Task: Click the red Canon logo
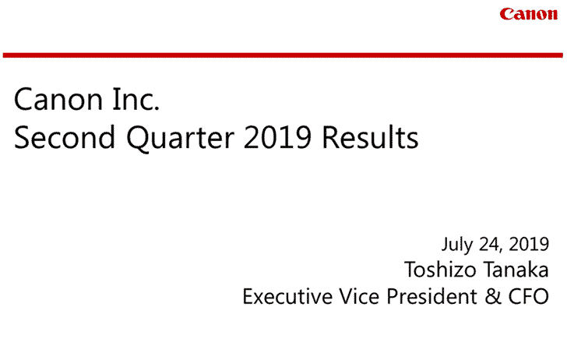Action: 528,14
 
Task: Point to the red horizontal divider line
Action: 283,55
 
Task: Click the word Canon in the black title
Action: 58,99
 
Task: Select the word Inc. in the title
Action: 136,99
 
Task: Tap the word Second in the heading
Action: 65,137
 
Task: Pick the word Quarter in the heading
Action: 180,139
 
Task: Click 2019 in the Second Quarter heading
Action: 277,137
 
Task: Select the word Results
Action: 370,137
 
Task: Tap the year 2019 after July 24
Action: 529,244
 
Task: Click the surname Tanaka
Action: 516,270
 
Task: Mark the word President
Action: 432,296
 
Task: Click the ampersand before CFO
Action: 493,296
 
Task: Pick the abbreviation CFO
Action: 529,296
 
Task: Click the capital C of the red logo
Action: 506,14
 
